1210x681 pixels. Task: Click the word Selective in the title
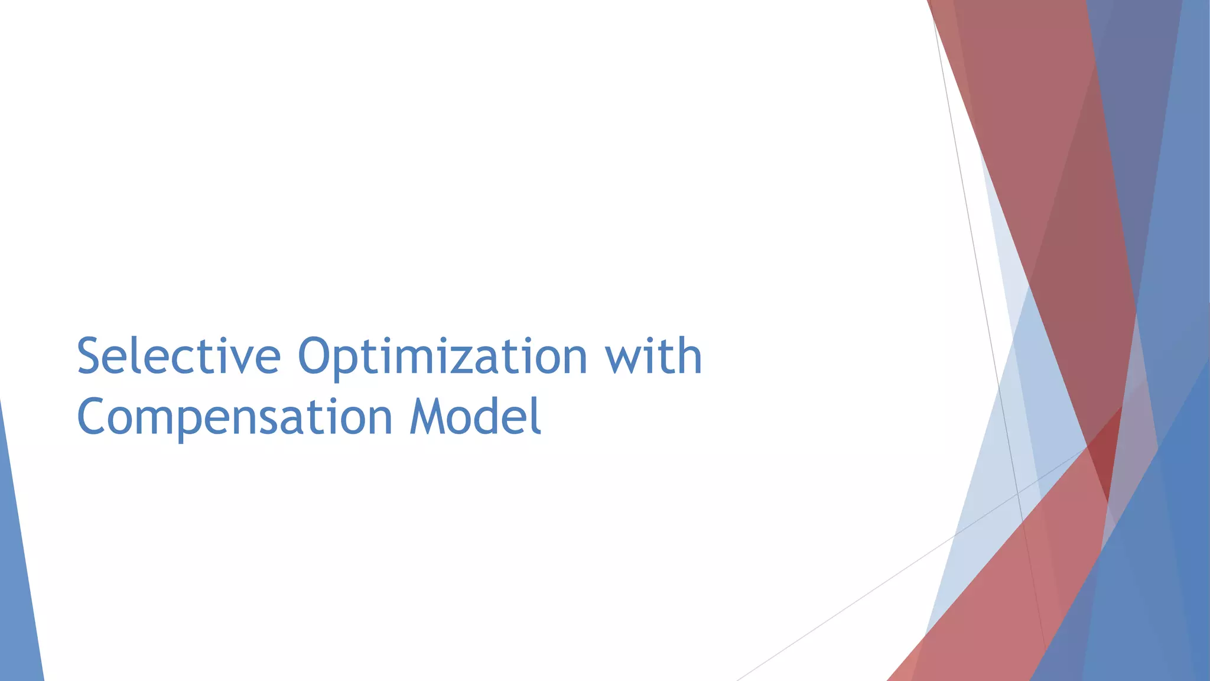coord(178,356)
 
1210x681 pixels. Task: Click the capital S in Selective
coord(90,356)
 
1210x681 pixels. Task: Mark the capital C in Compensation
coord(93,417)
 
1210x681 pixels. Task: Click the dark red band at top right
coord(1040,148)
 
